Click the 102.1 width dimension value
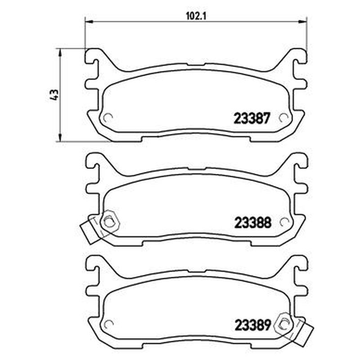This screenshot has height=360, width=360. [196, 16]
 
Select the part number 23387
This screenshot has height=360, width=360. [251, 119]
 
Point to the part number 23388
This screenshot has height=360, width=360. [252, 223]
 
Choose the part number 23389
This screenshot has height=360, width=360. [252, 325]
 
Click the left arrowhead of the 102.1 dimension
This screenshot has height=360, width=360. [89, 22]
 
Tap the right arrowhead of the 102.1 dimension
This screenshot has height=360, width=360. [303, 22]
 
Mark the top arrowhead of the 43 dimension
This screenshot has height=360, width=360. [60, 52]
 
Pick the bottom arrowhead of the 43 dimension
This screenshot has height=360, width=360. [60, 138]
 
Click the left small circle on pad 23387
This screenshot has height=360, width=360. [108, 118]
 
